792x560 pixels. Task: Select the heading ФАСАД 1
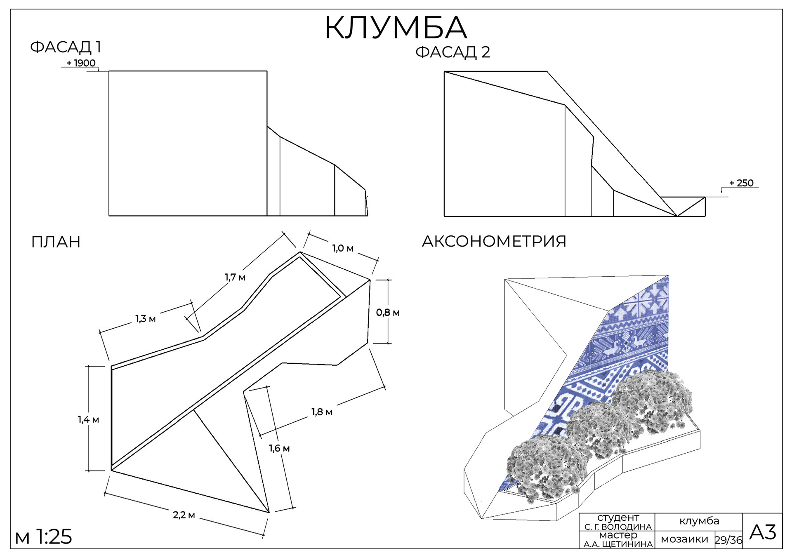(x=66, y=47)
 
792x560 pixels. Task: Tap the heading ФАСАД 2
(x=453, y=52)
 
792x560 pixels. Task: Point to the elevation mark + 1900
(x=81, y=63)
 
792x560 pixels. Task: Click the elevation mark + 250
(x=741, y=183)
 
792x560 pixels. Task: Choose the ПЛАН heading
(x=56, y=242)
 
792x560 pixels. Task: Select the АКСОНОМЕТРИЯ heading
(x=494, y=241)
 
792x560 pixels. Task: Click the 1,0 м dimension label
(x=343, y=248)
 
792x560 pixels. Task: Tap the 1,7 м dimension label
(x=235, y=277)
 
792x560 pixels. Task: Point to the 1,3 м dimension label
(x=146, y=319)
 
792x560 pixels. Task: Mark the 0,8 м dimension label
(x=388, y=313)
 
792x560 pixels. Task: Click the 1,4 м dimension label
(x=88, y=420)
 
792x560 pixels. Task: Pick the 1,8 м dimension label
(x=322, y=412)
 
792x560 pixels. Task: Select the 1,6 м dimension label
(x=279, y=448)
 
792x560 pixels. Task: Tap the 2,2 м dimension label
(x=184, y=515)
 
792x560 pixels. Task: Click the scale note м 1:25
(x=43, y=537)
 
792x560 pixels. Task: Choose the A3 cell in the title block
(x=762, y=532)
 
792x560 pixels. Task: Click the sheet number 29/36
(x=728, y=540)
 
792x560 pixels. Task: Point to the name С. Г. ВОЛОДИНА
(x=618, y=527)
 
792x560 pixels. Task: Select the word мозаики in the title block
(x=684, y=539)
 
